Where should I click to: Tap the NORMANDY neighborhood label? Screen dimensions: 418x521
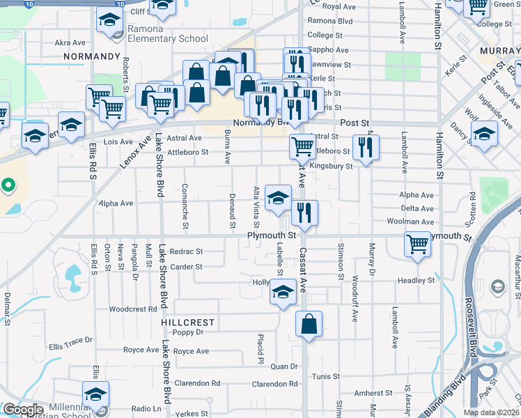[92, 56]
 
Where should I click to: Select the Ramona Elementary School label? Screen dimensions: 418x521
[167, 38]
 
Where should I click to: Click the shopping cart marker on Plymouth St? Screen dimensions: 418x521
[417, 245]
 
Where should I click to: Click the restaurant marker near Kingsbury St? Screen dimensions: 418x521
[365, 147]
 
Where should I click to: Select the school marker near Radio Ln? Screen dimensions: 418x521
[95, 395]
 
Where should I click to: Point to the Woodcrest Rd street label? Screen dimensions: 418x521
[133, 309]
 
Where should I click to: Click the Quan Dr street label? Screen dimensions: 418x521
[284, 366]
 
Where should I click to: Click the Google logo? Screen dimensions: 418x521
[24, 410]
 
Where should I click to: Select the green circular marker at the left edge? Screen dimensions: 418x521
[8, 185]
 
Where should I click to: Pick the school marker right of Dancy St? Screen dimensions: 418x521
[484, 134]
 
